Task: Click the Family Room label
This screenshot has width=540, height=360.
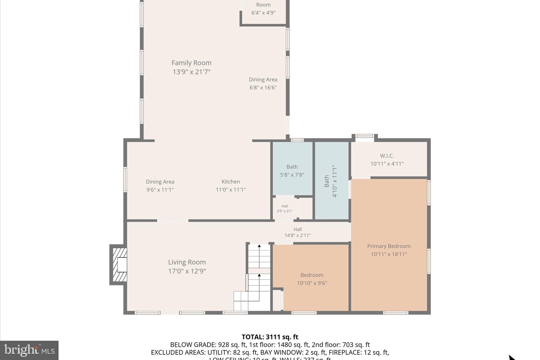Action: pos(191,63)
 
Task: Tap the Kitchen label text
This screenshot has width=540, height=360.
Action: pos(231,181)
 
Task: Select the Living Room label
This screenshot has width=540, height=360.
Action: pos(187,262)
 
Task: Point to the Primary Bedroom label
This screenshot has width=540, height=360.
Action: pos(389,246)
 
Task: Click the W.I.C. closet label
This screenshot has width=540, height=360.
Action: pos(387,156)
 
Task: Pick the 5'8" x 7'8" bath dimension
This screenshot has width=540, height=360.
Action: pos(292,175)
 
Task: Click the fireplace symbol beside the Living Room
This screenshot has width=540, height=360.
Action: pos(119,264)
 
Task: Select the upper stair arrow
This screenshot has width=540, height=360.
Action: pos(259,246)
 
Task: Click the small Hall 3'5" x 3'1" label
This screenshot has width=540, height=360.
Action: pos(285,208)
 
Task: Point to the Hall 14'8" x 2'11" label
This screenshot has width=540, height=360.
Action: pos(298,232)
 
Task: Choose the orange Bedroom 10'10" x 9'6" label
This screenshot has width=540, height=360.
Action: pos(312,279)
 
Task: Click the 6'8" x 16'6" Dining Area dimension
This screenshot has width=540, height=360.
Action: pos(263,88)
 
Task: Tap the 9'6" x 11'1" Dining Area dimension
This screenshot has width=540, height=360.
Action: pos(160,190)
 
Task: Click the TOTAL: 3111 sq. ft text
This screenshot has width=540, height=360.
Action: pos(270,337)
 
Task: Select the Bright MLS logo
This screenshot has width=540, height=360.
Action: pos(29,350)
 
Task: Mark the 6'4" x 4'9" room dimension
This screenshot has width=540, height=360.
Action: pos(263,13)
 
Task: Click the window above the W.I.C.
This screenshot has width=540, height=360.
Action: pos(364,136)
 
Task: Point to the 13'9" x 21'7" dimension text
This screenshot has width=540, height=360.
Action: pos(191,72)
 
